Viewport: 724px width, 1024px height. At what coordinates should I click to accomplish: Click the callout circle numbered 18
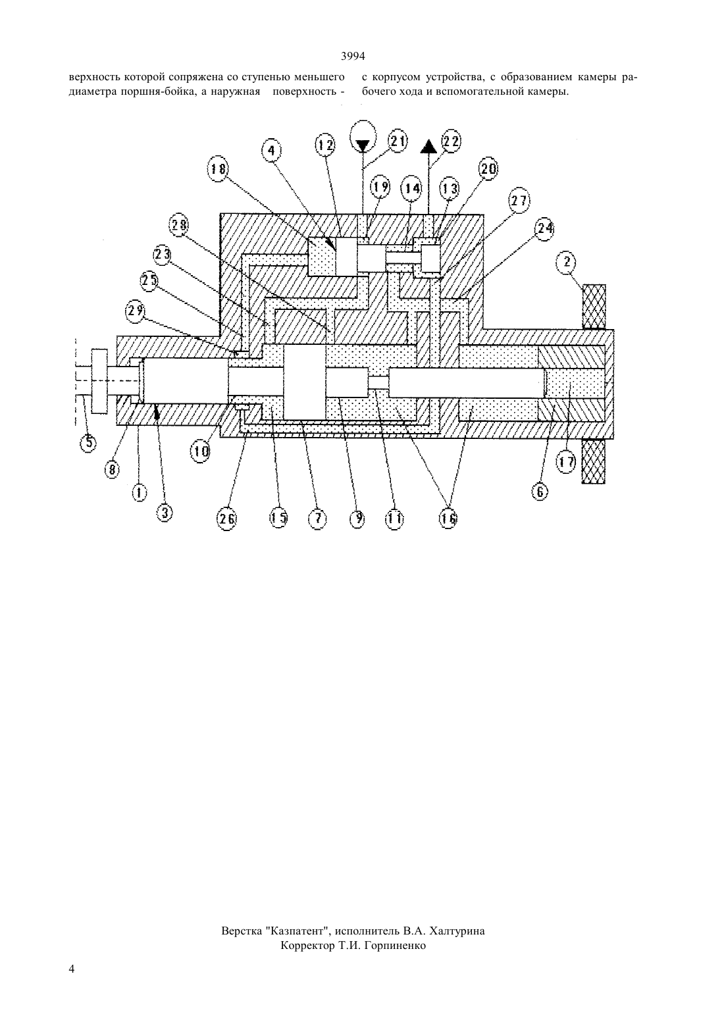[218, 169]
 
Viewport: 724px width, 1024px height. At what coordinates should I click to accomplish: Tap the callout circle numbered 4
[272, 151]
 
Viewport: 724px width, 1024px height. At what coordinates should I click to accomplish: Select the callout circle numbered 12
[325, 145]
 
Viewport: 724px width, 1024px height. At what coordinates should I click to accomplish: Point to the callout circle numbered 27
[519, 201]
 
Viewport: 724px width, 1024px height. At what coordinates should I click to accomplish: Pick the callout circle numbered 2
[567, 263]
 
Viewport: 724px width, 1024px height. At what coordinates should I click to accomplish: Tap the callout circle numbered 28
[179, 225]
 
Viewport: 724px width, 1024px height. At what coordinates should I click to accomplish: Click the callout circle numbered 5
[88, 442]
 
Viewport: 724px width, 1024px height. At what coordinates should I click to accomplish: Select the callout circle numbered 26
[226, 519]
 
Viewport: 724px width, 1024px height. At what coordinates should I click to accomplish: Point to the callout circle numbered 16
[448, 518]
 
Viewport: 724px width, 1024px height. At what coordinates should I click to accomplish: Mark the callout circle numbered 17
[566, 463]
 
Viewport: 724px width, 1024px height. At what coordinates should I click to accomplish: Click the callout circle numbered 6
[540, 492]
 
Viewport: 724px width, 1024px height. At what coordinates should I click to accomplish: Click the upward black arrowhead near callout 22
[428, 146]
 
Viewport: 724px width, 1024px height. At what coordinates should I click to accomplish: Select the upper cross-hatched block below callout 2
[594, 306]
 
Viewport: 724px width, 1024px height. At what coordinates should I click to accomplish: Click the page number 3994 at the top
[353, 56]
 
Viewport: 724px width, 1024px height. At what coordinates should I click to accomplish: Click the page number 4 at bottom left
[72, 969]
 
